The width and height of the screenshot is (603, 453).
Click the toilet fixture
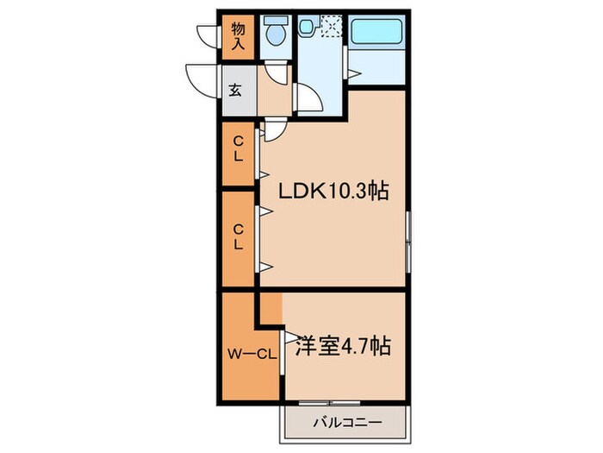click(276, 33)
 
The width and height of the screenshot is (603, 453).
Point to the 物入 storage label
click(237, 34)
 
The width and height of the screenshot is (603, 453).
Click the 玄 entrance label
click(236, 89)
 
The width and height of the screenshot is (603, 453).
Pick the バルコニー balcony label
click(343, 425)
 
